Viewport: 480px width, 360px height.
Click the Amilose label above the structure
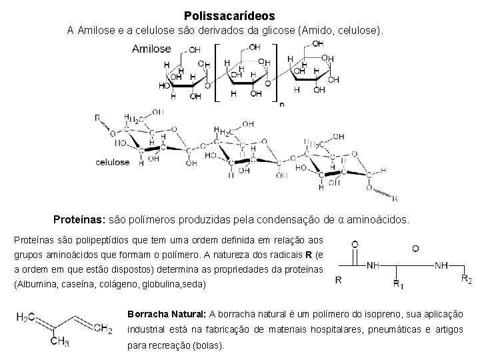(151, 49)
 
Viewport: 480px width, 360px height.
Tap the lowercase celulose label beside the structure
(113, 162)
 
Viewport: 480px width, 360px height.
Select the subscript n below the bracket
(282, 104)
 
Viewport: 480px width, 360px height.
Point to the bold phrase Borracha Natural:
(166, 314)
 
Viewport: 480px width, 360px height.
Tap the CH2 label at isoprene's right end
(102, 327)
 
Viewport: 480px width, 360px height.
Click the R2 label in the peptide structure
(466, 281)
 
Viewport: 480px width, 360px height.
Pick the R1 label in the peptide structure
(397, 285)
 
